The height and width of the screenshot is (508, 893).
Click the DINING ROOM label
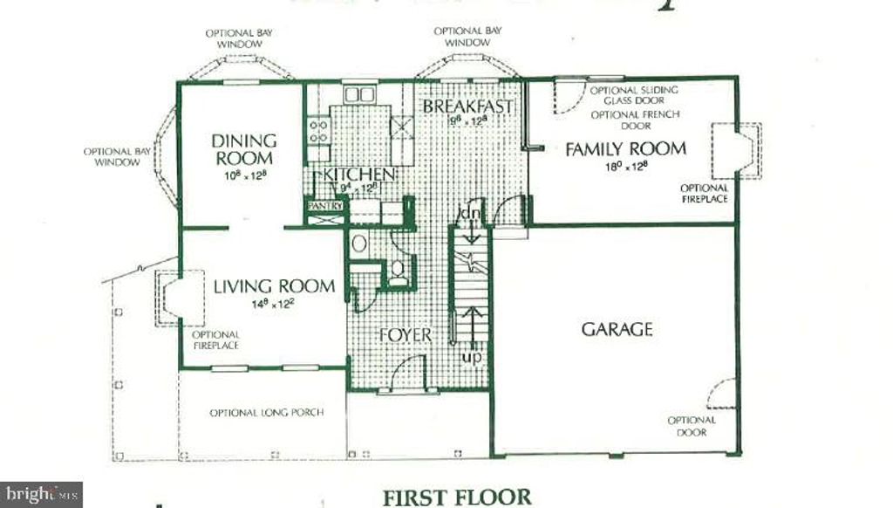coord(243,149)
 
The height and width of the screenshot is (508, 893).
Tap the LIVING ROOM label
coord(274,286)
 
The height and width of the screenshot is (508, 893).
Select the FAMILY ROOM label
coord(625,148)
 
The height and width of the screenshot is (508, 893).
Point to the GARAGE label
coord(617,329)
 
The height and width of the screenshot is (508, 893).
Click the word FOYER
coord(406,335)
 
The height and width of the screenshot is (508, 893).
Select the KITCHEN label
coord(359,174)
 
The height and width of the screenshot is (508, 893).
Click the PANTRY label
coord(324,206)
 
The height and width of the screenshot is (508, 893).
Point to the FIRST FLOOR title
coord(456,497)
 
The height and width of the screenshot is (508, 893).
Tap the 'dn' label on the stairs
coord(468,214)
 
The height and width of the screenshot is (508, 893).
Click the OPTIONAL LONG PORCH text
coord(254,412)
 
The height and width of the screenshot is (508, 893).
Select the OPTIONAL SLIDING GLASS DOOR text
coord(634,94)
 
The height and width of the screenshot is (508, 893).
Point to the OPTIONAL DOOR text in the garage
coord(692,426)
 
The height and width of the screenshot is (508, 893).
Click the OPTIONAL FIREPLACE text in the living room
coord(215,340)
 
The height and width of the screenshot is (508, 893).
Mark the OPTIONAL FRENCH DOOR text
coord(634,120)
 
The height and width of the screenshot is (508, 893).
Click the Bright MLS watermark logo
coord(41,495)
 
